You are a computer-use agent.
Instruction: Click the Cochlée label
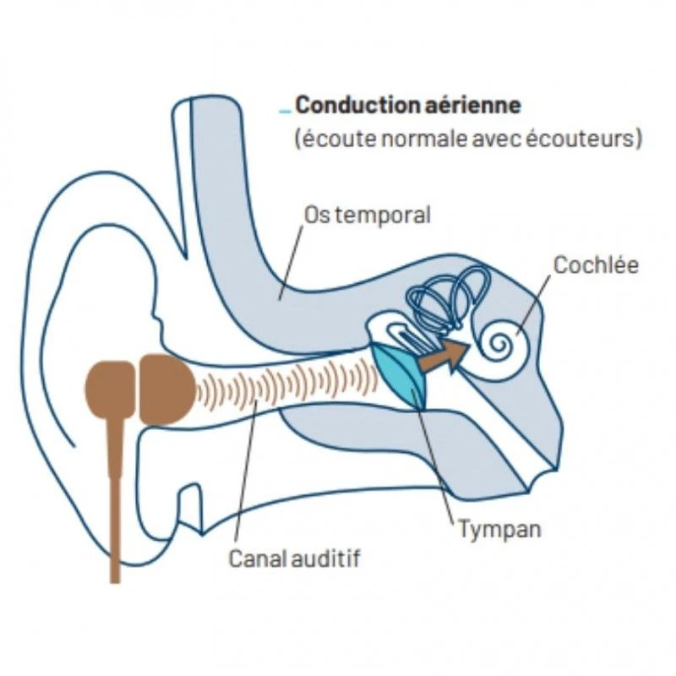click(596, 265)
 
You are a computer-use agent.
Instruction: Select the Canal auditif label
click(299, 559)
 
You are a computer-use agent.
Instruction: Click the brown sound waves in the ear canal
click(287, 384)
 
